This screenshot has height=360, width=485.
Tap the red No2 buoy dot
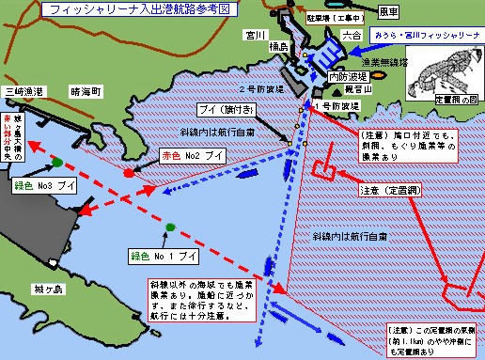[128, 173]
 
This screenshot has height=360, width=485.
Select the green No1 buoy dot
[170, 227]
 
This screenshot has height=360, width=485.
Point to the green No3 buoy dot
[58, 163]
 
